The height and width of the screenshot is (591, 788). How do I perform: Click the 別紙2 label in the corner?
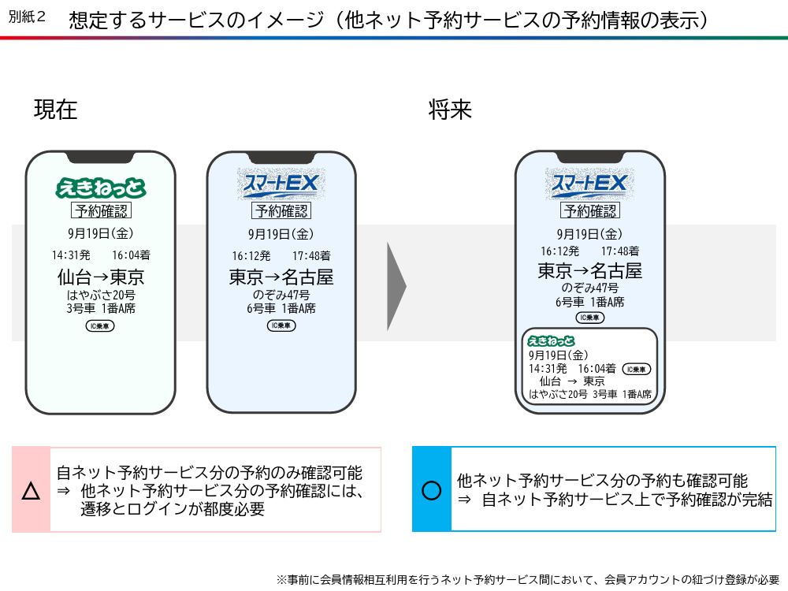coord(27,17)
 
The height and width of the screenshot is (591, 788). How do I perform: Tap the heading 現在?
coord(56,110)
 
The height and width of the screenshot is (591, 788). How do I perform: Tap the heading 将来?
coord(450,110)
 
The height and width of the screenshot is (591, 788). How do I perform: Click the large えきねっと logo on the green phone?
coord(101,188)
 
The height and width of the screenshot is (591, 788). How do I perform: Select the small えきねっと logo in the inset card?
coord(551,341)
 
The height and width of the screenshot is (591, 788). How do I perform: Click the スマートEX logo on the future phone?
coord(589,184)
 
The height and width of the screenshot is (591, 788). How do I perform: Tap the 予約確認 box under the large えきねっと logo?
coord(101,210)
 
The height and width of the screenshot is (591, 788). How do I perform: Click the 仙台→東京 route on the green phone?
coord(101,277)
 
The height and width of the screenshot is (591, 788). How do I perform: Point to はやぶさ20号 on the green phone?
coord(101,295)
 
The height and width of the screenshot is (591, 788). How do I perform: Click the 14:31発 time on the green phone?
coord(71,255)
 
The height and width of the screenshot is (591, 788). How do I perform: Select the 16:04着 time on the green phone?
coord(131,255)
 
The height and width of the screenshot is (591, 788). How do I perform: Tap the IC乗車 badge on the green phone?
coord(100,326)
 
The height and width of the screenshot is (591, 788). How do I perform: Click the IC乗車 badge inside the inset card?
coord(636,370)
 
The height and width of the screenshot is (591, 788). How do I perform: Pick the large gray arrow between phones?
coord(396,287)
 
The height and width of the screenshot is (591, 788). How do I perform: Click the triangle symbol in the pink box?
coord(32,491)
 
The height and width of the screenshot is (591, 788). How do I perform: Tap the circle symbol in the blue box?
coord(432,490)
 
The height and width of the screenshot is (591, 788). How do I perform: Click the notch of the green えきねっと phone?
coord(101,158)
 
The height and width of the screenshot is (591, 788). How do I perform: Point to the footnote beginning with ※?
coord(528,579)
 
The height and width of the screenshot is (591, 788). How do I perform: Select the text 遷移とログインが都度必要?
coord(173,509)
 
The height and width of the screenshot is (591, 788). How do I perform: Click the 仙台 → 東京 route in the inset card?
coord(572,381)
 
